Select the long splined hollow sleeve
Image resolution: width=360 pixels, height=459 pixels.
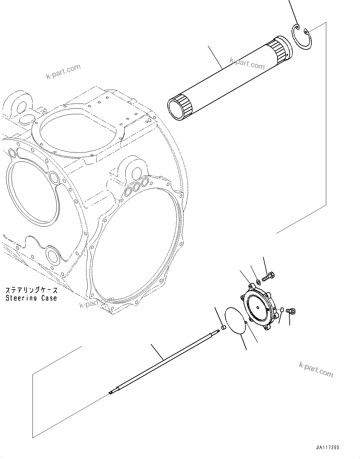(x=227, y=79)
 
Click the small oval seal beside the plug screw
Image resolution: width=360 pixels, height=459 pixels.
(x=282, y=309)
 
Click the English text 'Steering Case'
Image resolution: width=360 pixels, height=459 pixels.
(x=31, y=298)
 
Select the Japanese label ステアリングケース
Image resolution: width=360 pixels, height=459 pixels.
(x=31, y=290)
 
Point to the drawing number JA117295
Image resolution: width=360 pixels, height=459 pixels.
(x=327, y=448)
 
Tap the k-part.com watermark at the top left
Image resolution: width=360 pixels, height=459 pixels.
(x=63, y=72)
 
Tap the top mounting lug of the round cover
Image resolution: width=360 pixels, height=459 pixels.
(x=252, y=285)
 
